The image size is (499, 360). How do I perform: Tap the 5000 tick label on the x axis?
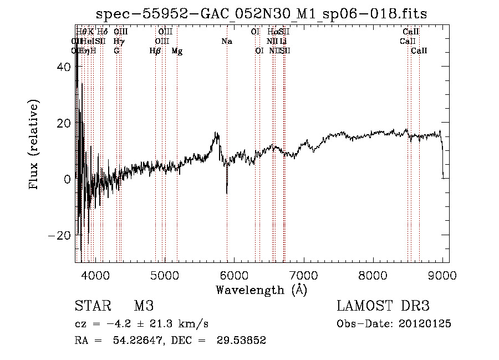(x=164, y=275)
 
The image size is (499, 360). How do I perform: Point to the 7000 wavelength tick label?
(x=303, y=275)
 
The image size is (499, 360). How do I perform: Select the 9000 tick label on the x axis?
(x=442, y=275)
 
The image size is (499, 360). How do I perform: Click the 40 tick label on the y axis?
(x=64, y=67)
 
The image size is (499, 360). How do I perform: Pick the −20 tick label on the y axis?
(x=60, y=235)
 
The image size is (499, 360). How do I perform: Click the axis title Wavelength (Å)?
(x=261, y=290)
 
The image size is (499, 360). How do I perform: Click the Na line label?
(x=226, y=42)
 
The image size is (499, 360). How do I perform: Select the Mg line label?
(x=177, y=51)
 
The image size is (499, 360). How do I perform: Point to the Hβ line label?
(x=155, y=51)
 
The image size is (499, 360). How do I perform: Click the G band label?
(x=116, y=51)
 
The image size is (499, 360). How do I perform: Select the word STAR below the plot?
(x=91, y=306)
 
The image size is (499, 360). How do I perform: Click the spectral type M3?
(x=144, y=306)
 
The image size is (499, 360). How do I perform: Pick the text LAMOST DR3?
(x=383, y=306)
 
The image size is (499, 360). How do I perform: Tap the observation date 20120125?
(x=426, y=324)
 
